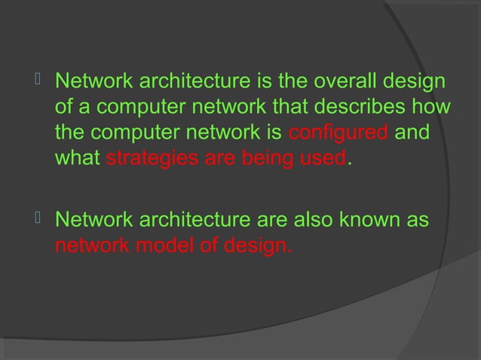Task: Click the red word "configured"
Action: click(339, 134)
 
